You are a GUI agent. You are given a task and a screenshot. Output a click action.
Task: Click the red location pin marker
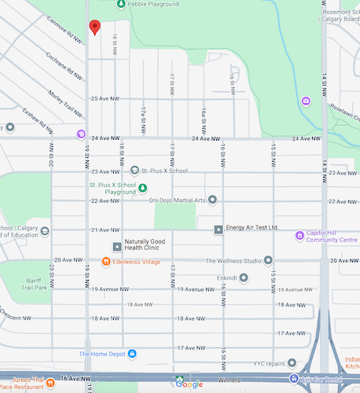(x=95, y=28)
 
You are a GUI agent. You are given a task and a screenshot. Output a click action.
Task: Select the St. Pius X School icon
(x=134, y=171)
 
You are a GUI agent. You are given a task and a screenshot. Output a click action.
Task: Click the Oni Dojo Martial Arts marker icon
(x=212, y=200)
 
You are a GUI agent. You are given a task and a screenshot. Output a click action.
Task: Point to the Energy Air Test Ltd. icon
(x=219, y=229)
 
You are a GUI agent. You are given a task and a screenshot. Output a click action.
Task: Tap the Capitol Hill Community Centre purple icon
(x=299, y=235)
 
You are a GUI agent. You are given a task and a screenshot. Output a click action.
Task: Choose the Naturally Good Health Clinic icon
(x=117, y=247)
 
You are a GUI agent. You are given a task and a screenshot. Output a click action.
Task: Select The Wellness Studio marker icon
(x=268, y=260)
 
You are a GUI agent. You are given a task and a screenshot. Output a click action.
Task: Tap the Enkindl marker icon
(x=244, y=277)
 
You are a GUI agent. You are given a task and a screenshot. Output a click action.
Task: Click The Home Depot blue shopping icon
(x=132, y=354)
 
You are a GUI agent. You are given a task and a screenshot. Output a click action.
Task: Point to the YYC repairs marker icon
(x=292, y=363)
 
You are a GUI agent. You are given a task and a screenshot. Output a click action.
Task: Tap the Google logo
(x=189, y=384)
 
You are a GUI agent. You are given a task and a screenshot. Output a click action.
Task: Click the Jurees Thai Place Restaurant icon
(x=50, y=383)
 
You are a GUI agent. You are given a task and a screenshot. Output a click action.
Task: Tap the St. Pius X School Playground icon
(x=142, y=186)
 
